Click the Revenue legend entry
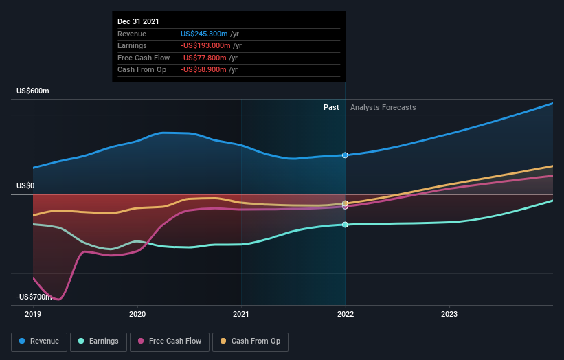tap(39, 341)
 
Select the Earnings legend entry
tap(98, 341)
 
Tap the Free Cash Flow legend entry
tap(169, 341)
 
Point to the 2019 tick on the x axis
tap(33, 313)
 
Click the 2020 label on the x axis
tap(137, 313)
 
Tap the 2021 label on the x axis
tap(241, 313)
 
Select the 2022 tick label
tap(345, 313)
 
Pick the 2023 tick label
tap(449, 313)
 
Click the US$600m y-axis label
tap(33, 91)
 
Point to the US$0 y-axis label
tap(25, 185)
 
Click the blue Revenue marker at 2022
tap(345, 155)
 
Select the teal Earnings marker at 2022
tap(345, 225)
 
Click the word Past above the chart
tap(331, 107)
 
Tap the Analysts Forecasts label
tap(383, 107)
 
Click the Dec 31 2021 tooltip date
tap(138, 21)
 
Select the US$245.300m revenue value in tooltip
tap(204, 34)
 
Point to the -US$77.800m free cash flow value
tap(206, 58)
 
